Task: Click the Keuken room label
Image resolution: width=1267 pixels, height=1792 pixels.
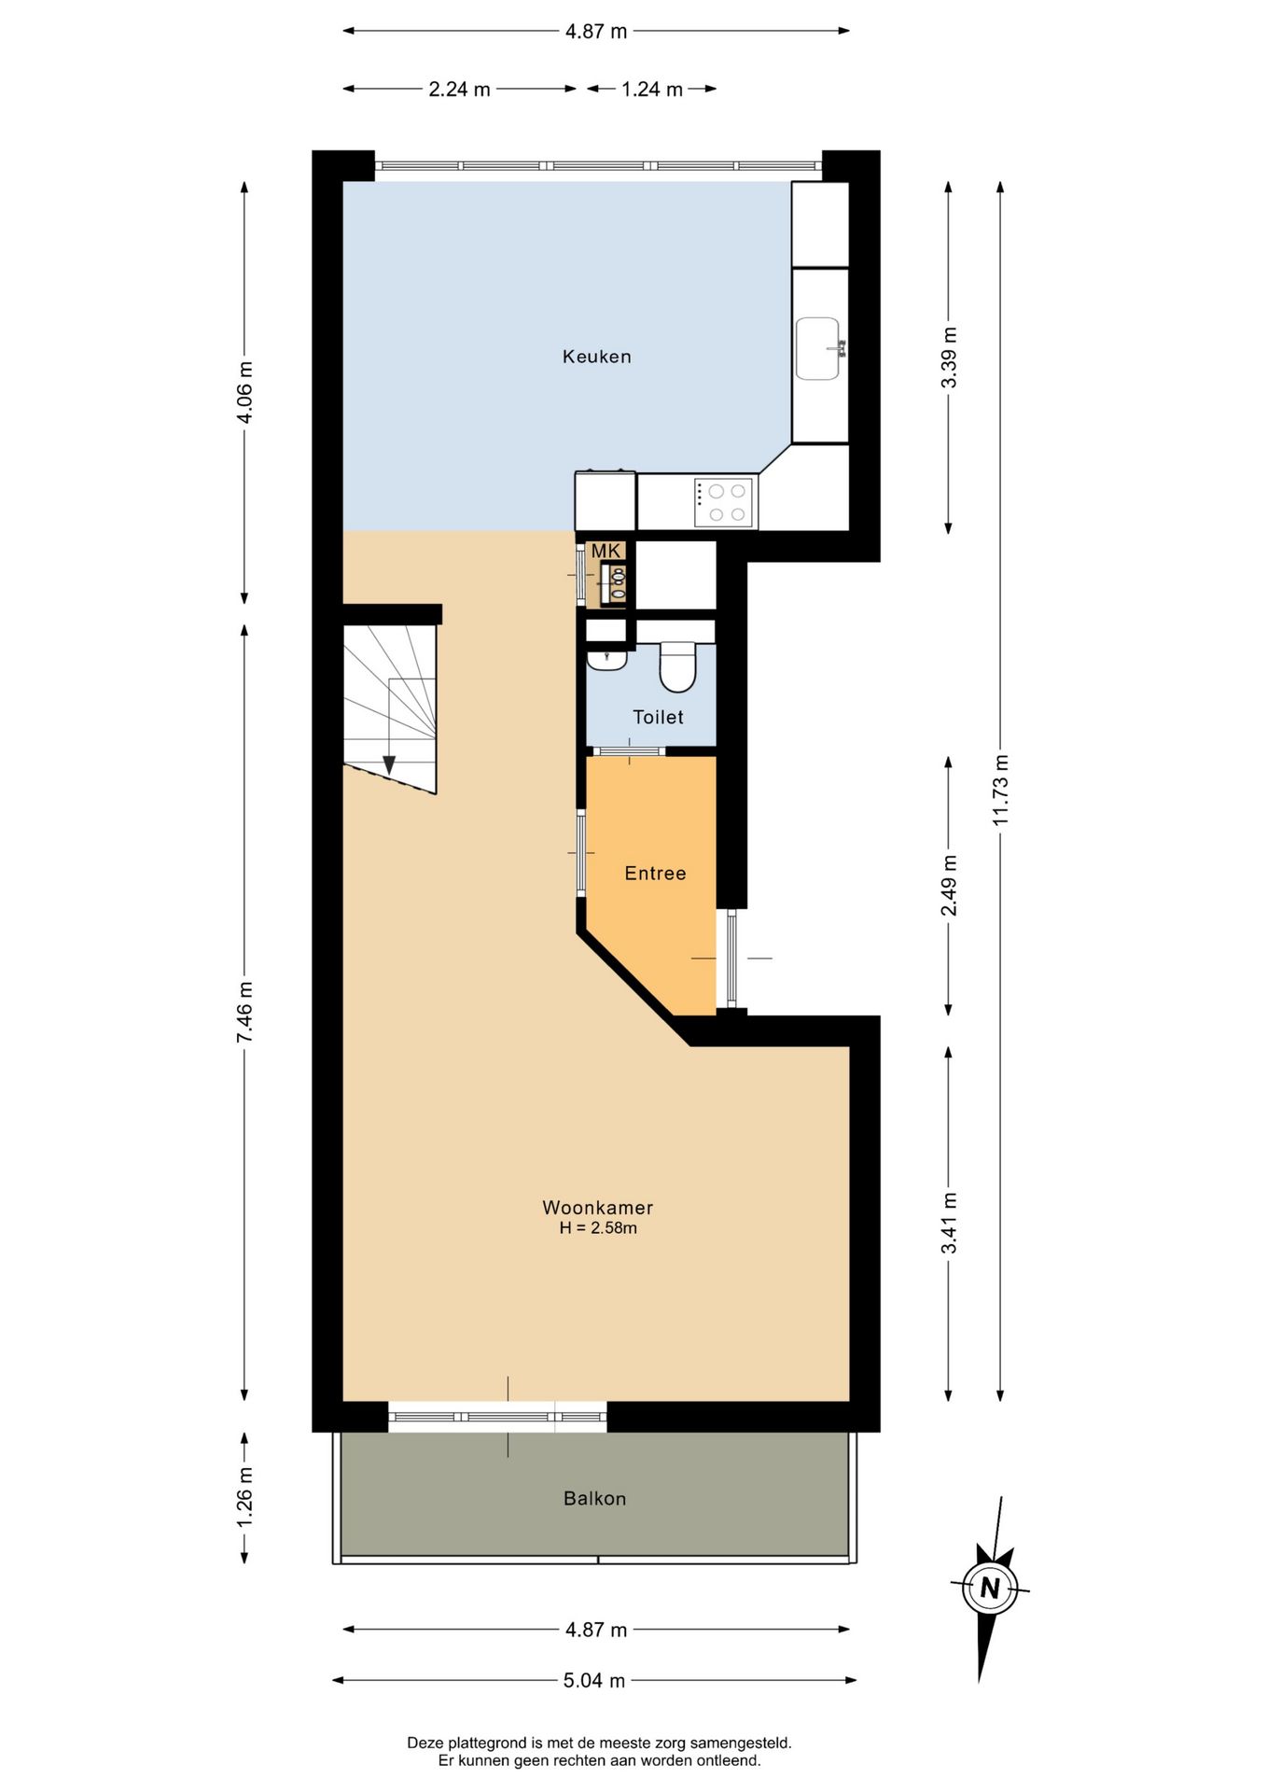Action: (596, 357)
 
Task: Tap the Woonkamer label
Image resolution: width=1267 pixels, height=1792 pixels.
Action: (597, 1207)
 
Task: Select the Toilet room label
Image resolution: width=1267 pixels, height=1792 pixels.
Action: (658, 717)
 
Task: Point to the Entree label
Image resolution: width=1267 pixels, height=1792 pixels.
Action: (655, 873)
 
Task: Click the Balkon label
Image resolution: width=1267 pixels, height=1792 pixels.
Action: (594, 1498)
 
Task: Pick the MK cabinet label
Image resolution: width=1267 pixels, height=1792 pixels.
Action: (606, 552)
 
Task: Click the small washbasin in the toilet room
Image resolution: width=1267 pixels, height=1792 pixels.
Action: (606, 659)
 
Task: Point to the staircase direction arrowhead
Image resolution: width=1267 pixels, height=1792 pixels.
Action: (388, 764)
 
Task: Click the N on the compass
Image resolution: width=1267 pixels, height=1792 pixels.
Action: (990, 1587)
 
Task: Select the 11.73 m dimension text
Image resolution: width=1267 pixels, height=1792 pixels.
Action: (1000, 789)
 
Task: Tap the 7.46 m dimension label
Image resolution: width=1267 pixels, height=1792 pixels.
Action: (244, 1013)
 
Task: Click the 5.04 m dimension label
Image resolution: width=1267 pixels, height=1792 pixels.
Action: (594, 1681)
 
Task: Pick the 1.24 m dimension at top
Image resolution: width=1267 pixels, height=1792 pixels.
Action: (652, 90)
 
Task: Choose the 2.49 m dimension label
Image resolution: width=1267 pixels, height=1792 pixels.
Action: (949, 886)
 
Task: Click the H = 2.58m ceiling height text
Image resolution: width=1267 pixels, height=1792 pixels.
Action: (598, 1228)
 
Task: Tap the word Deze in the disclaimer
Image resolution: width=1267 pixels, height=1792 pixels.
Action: (425, 1743)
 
